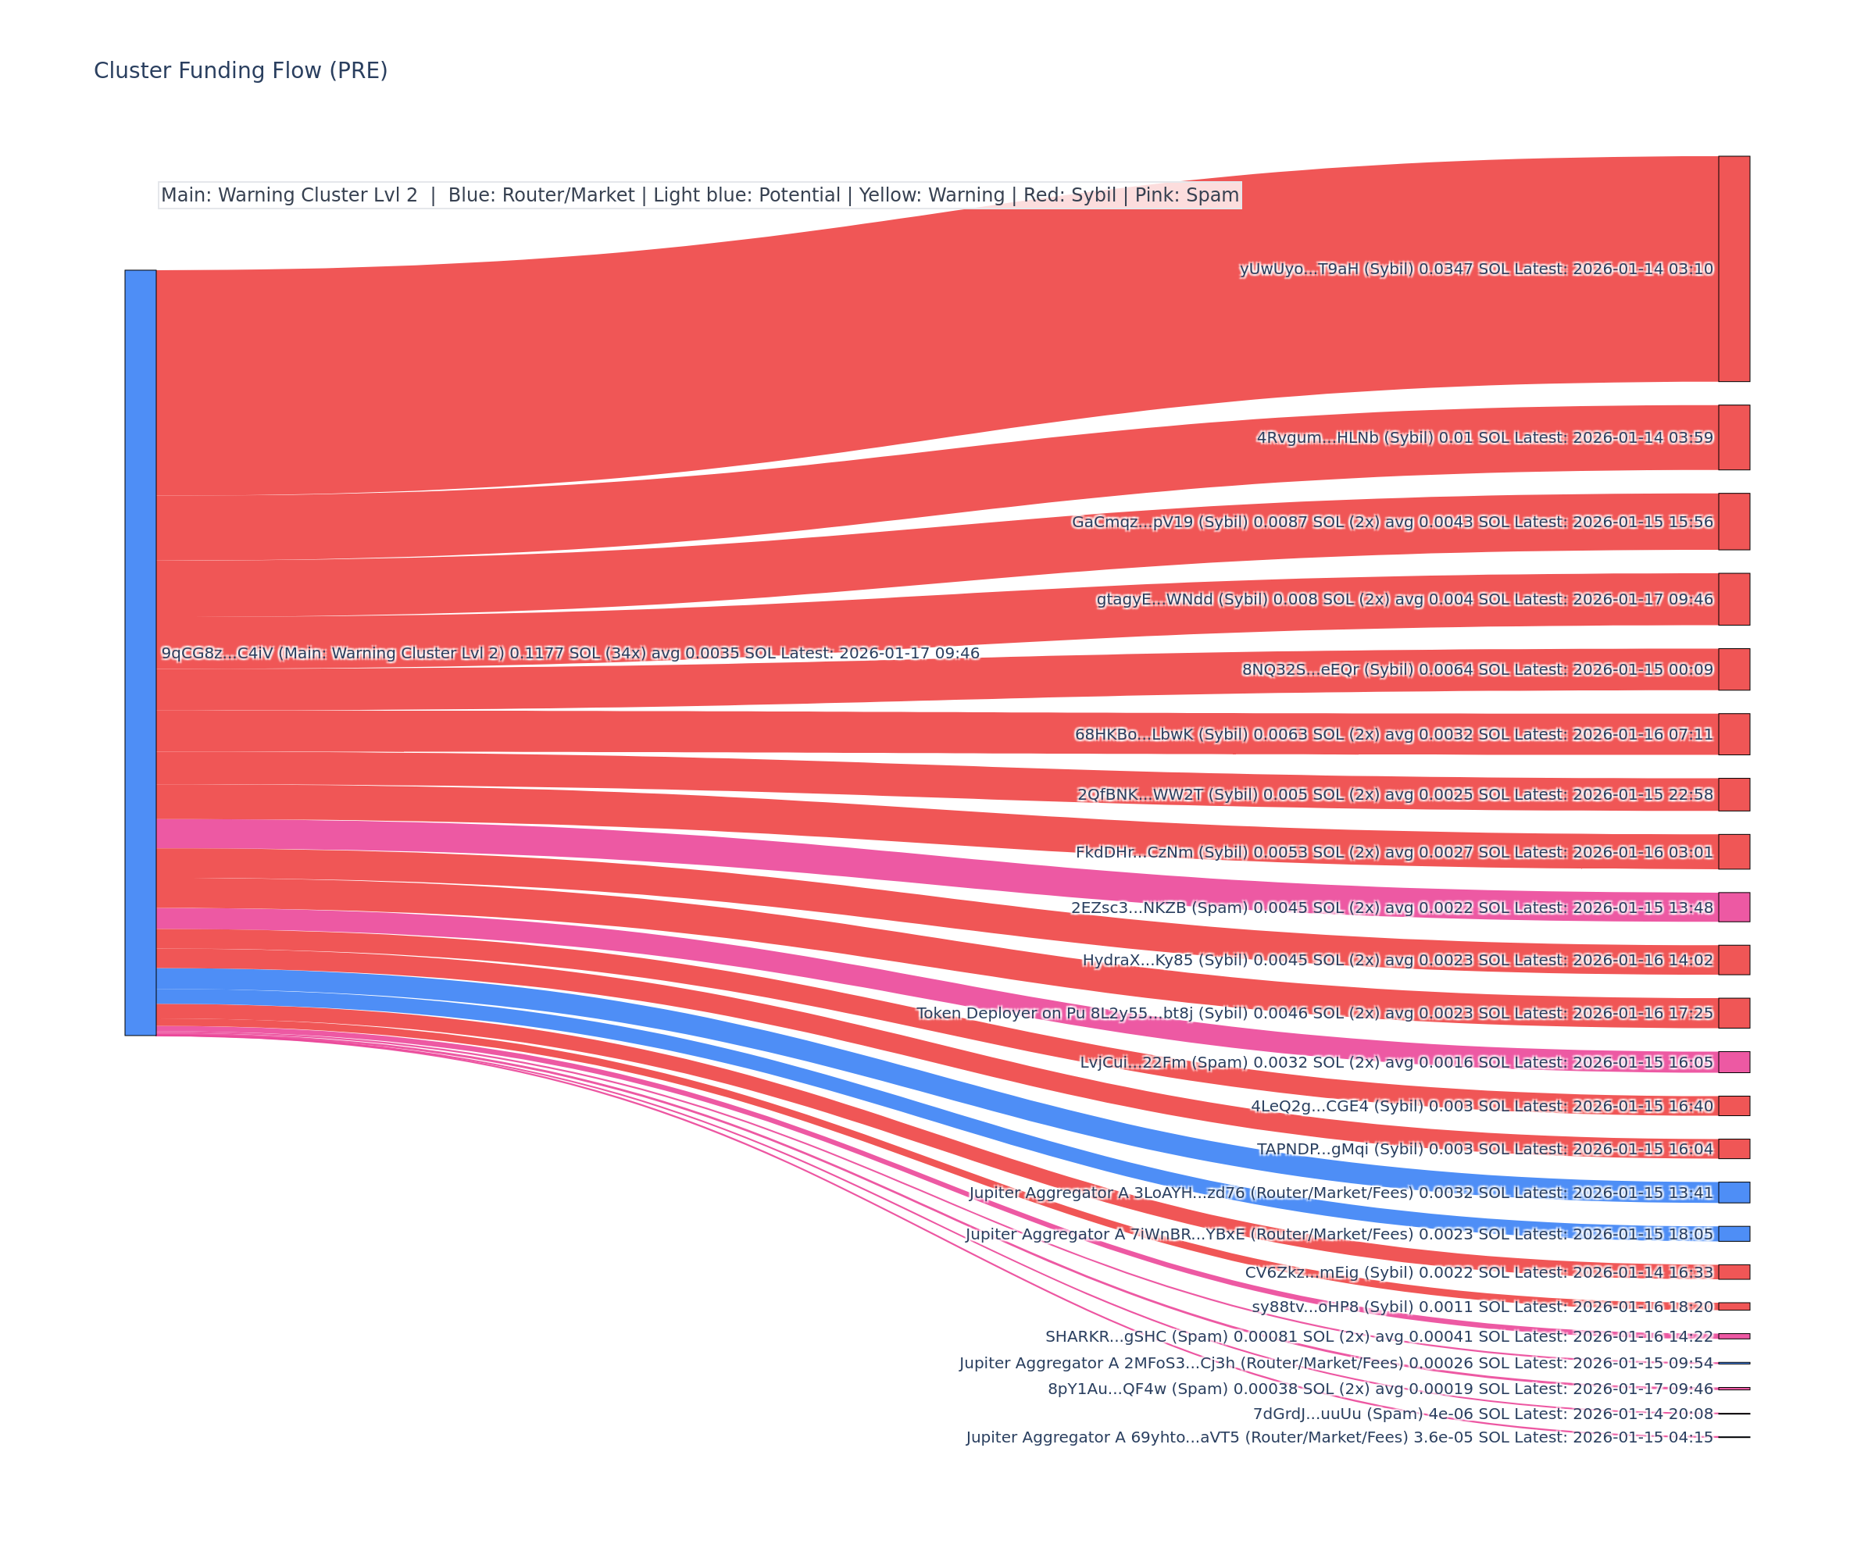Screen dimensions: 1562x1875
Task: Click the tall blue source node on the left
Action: (140, 652)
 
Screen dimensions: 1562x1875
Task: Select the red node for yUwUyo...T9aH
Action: (1733, 269)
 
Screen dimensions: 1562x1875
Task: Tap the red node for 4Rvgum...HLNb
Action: (1733, 437)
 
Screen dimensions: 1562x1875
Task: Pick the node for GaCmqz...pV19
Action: (1733, 521)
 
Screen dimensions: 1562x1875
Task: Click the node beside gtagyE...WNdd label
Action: (1733, 599)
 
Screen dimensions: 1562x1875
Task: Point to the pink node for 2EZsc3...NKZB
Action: (1733, 907)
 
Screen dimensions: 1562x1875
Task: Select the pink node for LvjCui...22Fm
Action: (1733, 1061)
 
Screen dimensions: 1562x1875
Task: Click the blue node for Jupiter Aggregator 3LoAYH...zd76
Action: (1733, 1193)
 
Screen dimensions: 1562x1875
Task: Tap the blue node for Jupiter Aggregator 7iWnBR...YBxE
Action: (1733, 1233)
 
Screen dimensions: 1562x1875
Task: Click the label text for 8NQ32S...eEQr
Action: (1477, 669)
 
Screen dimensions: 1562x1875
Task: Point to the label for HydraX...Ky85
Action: (1398, 961)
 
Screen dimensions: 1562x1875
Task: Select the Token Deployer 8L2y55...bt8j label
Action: (1314, 1013)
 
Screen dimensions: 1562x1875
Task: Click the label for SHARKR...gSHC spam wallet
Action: (1379, 1336)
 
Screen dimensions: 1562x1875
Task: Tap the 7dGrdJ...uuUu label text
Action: (1482, 1414)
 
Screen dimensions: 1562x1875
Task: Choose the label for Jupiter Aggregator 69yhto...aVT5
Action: (1339, 1437)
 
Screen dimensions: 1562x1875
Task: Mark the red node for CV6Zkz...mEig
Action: (1733, 1272)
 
